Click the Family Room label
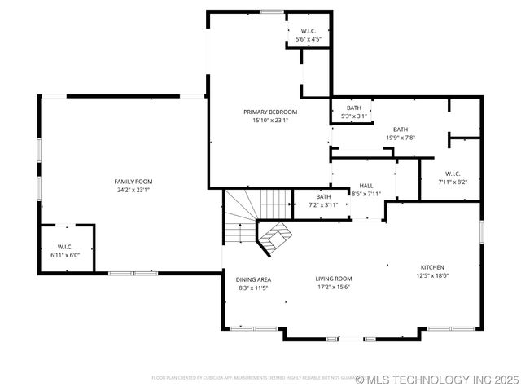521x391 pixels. [x=133, y=182]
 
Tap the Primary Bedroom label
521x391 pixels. [x=270, y=112]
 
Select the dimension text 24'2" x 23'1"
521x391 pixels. [x=133, y=190]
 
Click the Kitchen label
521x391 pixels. [x=432, y=267]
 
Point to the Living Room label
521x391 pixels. [x=334, y=279]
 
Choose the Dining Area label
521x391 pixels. [x=254, y=279]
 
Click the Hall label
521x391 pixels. [x=366, y=186]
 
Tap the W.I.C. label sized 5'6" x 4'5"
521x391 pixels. [x=309, y=31]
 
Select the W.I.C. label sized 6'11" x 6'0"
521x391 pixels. [x=66, y=247]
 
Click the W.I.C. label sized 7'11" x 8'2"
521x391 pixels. [x=453, y=174]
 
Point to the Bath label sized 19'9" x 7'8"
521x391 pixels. [x=401, y=130]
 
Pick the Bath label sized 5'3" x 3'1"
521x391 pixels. [x=354, y=108]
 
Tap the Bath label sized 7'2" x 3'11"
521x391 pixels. [x=324, y=196]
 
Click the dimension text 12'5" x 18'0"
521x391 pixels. [x=432, y=275]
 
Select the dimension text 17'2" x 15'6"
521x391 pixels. [x=334, y=287]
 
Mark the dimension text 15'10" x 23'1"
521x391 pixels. [x=270, y=120]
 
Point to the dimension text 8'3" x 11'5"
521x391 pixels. [x=254, y=288]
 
